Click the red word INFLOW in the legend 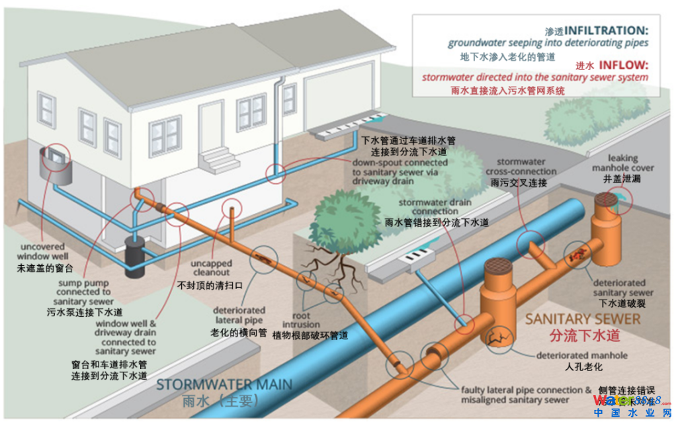(624, 65)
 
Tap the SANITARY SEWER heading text (583, 319)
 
